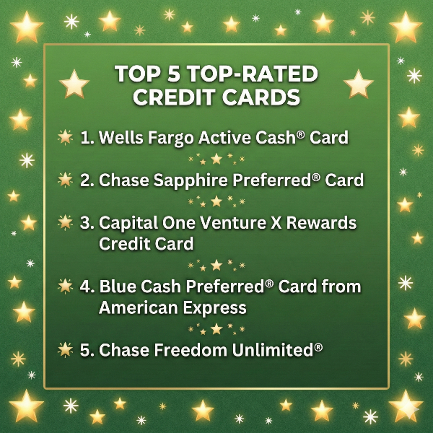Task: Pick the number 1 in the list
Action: point(86,137)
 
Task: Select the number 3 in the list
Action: point(86,222)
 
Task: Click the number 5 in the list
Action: point(86,350)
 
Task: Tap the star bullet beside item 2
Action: point(65,180)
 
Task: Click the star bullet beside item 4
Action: point(65,287)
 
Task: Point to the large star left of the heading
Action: point(74,85)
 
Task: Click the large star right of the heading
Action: point(359,85)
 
